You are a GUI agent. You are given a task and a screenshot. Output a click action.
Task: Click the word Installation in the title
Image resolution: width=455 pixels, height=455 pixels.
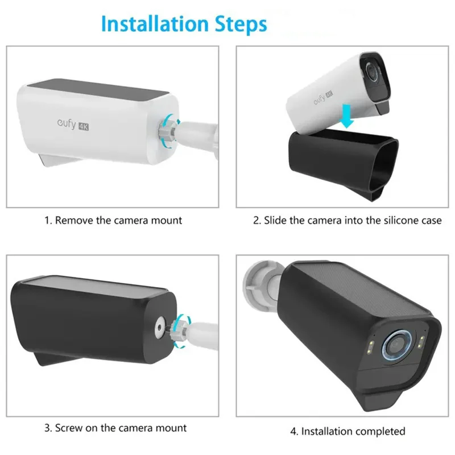click(155, 24)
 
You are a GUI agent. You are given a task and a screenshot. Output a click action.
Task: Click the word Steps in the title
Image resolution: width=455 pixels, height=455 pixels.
click(241, 24)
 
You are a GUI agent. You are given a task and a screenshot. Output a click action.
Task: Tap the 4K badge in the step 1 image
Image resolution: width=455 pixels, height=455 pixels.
click(84, 127)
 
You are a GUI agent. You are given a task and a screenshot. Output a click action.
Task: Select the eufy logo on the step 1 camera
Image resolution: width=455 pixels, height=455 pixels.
click(67, 123)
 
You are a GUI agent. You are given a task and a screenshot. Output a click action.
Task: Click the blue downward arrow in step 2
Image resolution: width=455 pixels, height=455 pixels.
click(346, 116)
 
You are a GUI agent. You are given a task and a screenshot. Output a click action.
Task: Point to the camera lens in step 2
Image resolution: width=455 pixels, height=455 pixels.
click(371, 71)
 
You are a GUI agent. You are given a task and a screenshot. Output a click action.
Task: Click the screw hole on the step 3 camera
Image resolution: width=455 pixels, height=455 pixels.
click(159, 328)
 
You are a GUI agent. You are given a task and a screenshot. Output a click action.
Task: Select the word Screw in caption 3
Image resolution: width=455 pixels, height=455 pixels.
click(68, 428)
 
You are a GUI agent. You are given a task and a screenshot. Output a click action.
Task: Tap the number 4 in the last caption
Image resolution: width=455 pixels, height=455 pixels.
click(293, 432)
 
